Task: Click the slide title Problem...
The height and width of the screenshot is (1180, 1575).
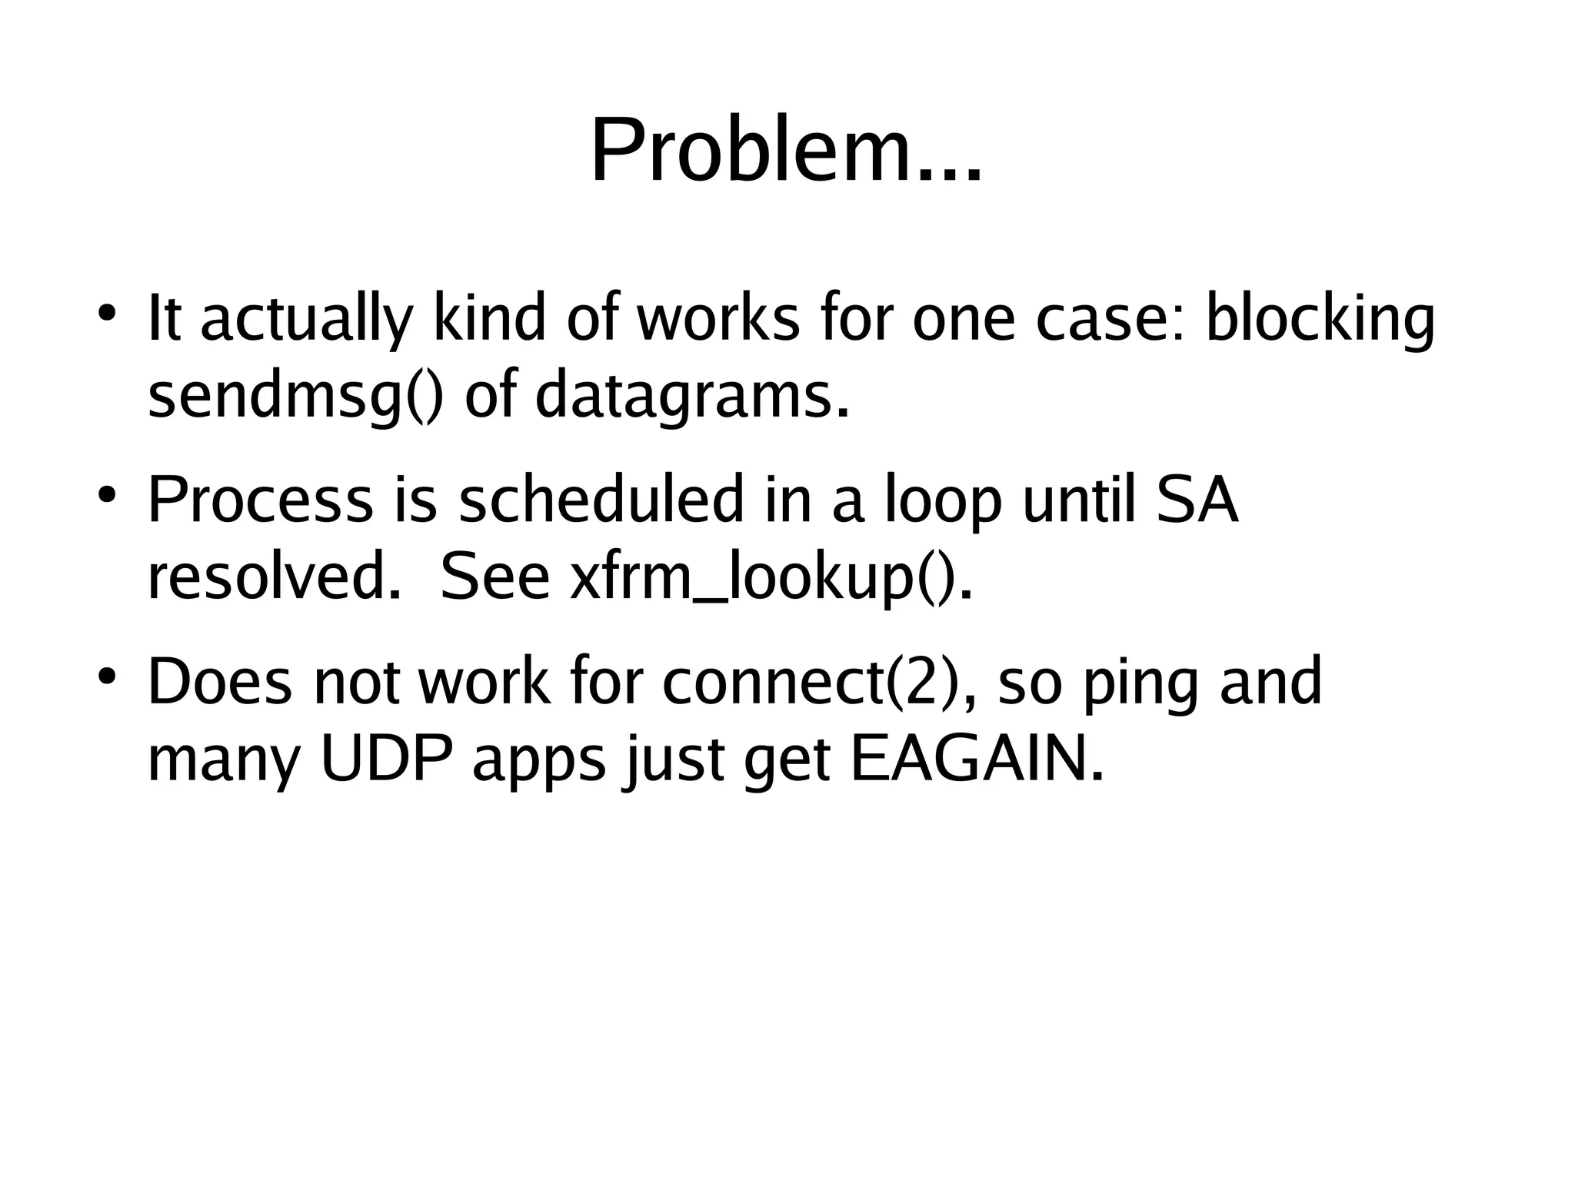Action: click(x=785, y=151)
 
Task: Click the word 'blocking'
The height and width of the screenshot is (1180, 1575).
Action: click(x=1319, y=319)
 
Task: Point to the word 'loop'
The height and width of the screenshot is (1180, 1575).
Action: click(x=944, y=501)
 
